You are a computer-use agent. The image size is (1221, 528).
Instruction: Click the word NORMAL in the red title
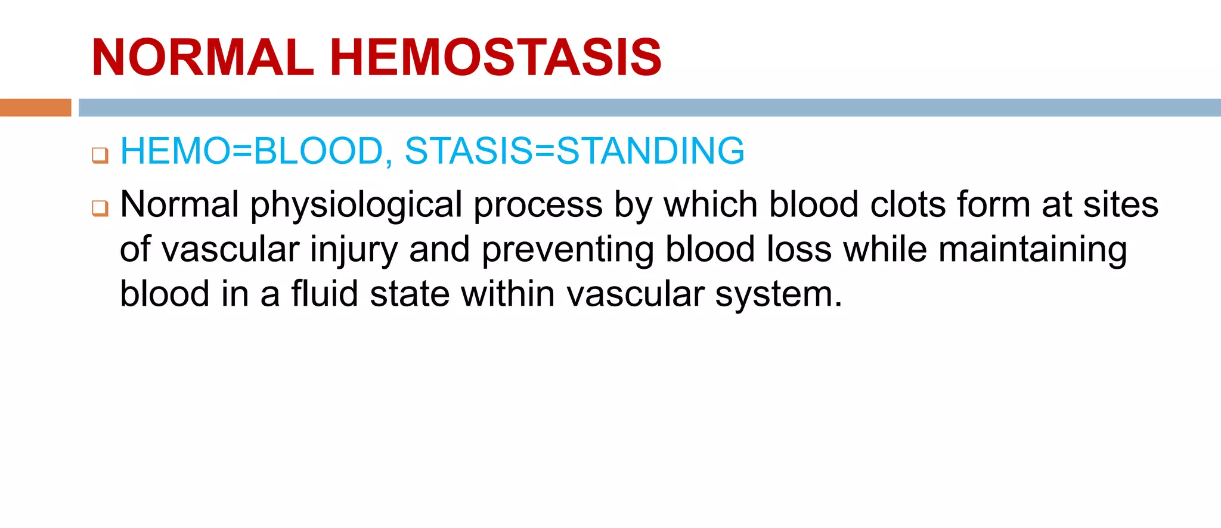203,58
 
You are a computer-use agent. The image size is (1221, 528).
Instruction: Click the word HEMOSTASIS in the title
495,58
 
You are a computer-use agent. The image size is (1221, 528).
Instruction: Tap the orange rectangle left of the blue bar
35,107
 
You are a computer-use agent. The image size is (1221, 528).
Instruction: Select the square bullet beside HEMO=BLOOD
100,156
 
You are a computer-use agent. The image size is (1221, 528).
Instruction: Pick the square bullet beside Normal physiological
100,209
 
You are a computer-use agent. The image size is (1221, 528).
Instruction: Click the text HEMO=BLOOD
251,151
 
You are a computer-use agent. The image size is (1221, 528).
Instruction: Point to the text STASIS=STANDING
574,151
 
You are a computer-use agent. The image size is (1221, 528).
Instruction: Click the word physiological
356,206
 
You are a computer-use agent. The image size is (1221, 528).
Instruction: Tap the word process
538,206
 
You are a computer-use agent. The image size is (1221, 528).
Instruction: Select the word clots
908,204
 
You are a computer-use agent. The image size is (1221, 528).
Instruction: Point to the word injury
354,250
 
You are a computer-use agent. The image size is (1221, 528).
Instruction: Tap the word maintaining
1032,250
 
